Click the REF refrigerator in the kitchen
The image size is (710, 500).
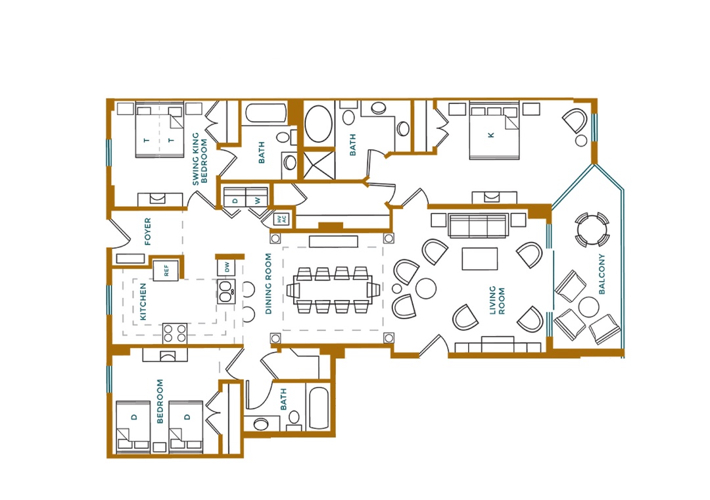pyautogui.click(x=165, y=270)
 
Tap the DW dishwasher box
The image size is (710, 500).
pyautogui.click(x=226, y=268)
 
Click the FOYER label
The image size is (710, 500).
pyautogui.click(x=148, y=231)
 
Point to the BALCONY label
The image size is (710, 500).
pyautogui.click(x=602, y=274)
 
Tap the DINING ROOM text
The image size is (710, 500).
pyautogui.click(x=268, y=284)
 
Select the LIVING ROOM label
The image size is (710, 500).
pyautogui.click(x=497, y=300)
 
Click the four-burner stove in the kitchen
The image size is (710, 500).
pyautogui.click(x=175, y=333)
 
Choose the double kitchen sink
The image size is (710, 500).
pyautogui.click(x=226, y=291)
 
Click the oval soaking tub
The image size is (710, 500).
pyautogui.click(x=319, y=124)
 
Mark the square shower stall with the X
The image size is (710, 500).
pyautogui.click(x=319, y=164)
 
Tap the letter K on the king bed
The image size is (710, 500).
pyautogui.click(x=491, y=135)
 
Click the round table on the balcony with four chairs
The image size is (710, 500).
pyautogui.click(x=592, y=230)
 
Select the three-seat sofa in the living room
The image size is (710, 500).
pyautogui.click(x=477, y=226)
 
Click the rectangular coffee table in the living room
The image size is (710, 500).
pyautogui.click(x=479, y=259)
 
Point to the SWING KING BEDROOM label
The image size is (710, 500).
pyautogui.click(x=199, y=159)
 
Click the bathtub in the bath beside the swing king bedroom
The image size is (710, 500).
pyautogui.click(x=266, y=113)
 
